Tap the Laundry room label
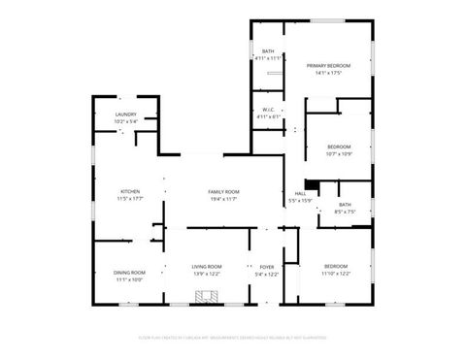[126, 115]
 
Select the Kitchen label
[130, 191]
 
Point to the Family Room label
[224, 191]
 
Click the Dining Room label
[130, 273]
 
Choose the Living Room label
[206, 267]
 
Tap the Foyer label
[267, 267]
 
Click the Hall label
[301, 194]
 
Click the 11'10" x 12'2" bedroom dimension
[336, 273]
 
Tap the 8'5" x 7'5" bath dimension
[346, 211]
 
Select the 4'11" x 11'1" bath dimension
[268, 58]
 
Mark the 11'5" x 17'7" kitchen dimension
[130, 198]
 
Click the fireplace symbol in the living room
[205, 299]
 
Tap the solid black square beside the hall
[311, 185]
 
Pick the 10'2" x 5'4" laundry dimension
[126, 121]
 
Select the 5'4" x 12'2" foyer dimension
[267, 274]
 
